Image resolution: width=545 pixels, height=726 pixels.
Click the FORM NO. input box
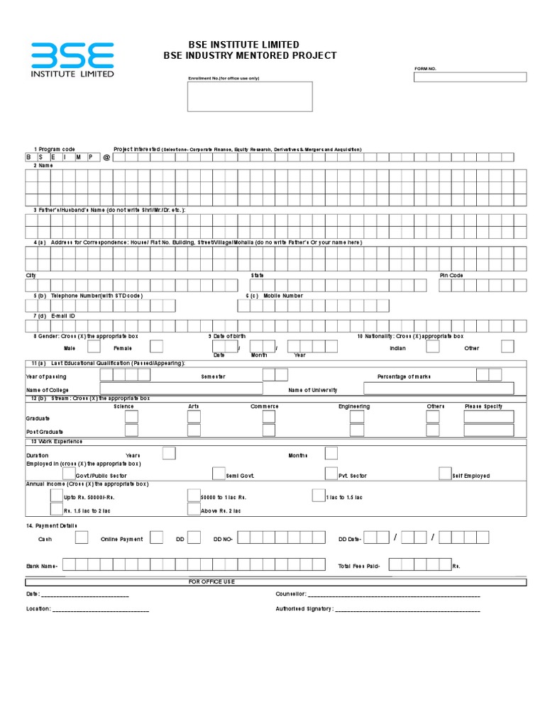470,77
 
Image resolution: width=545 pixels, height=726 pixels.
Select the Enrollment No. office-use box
250,96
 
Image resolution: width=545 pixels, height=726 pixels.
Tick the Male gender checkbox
94,347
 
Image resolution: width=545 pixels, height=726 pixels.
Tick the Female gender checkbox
156,347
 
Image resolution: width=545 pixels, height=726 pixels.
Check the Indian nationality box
433,347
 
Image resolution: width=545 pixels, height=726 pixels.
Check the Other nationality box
507,347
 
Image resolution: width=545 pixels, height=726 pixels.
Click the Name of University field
439,389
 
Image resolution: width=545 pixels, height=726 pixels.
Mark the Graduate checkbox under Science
131,417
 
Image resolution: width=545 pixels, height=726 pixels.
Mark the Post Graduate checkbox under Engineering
357,430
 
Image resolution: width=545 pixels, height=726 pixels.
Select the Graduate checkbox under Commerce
268,417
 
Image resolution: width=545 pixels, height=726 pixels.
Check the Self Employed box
445,474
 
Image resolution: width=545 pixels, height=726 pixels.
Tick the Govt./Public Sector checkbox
69,474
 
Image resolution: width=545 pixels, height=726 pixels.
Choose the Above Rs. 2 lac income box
194,509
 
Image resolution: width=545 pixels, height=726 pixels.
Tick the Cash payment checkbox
82,537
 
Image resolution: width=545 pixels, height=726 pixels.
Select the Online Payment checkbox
157,537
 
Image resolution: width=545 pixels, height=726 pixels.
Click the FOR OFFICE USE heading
211,581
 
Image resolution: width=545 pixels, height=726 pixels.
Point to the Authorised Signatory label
304,608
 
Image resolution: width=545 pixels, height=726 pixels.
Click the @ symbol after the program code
106,157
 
